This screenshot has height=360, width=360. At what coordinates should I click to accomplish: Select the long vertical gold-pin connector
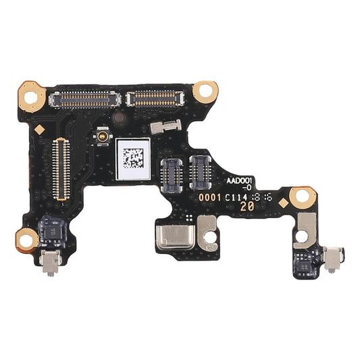tap(61, 169)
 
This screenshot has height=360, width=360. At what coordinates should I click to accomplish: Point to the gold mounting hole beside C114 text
tap(301, 198)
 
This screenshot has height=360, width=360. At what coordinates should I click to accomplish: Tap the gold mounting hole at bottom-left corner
tap(27, 237)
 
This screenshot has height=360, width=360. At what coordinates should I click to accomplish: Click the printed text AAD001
tap(239, 181)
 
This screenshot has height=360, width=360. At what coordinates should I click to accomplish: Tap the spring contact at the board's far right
tap(333, 257)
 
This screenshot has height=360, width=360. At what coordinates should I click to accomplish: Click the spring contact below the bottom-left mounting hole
tap(49, 262)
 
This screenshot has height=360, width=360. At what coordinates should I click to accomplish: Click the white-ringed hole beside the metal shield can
tap(210, 238)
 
